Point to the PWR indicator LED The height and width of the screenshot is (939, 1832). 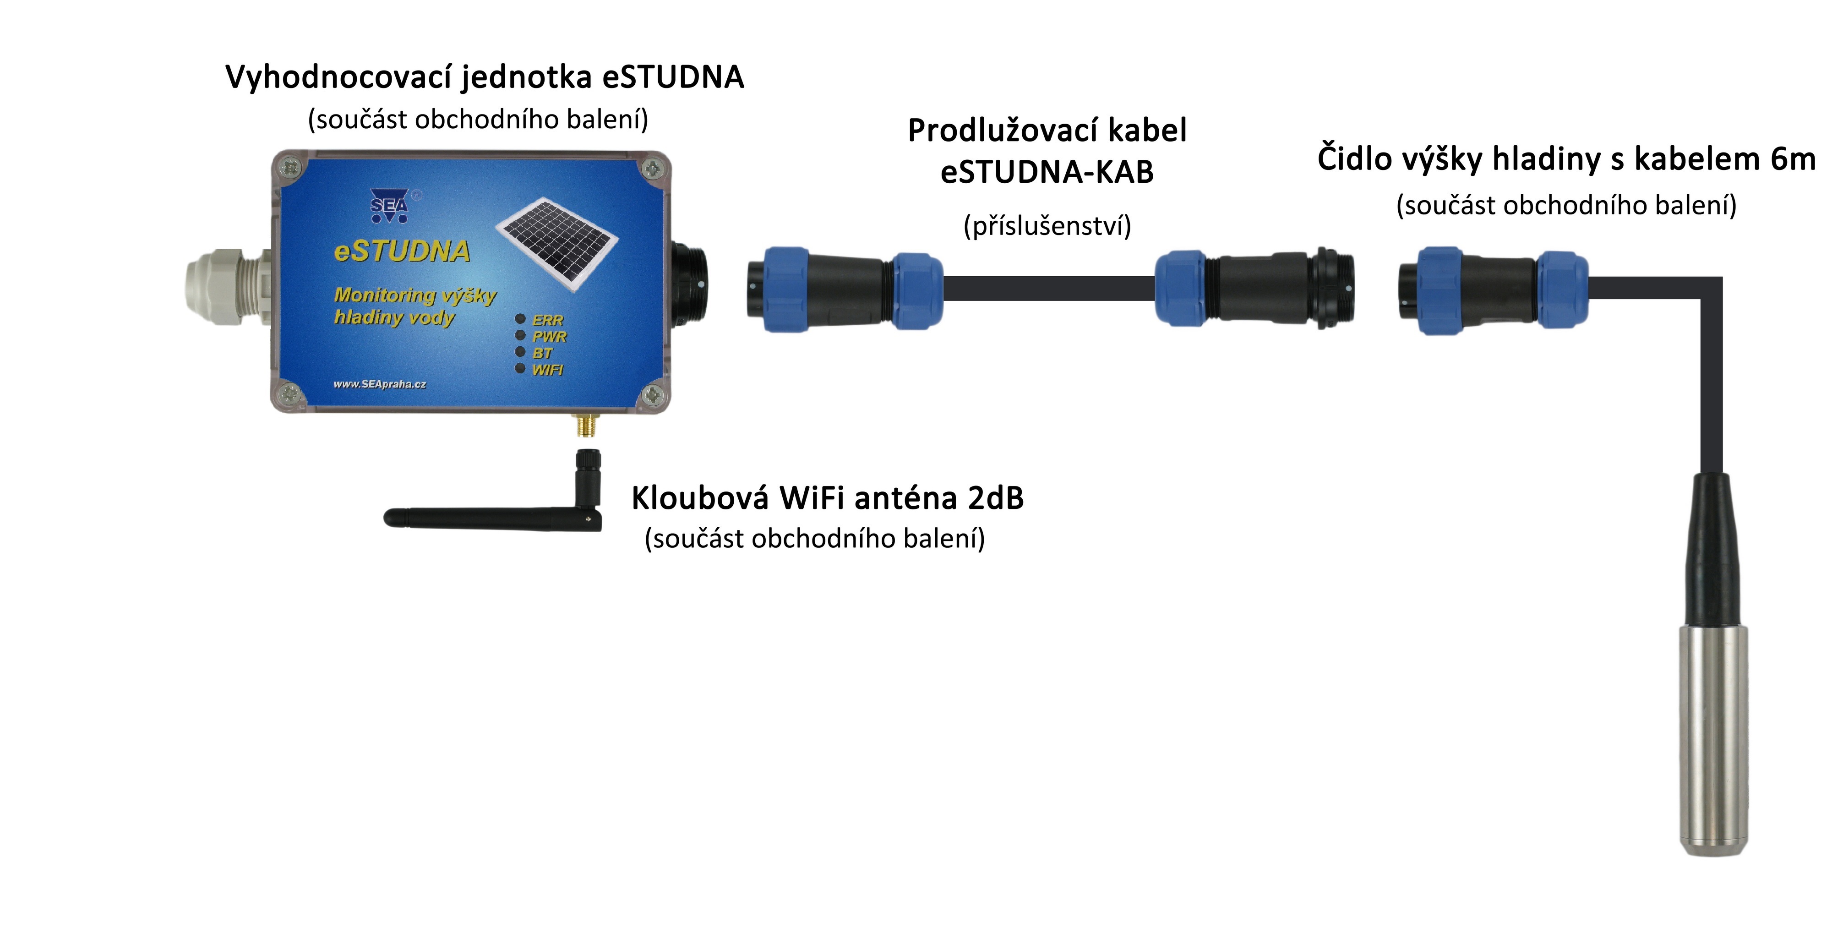[520, 335]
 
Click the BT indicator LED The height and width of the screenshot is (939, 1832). [520, 351]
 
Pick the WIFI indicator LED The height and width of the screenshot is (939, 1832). [520, 368]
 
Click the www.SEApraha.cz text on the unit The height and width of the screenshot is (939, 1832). [380, 384]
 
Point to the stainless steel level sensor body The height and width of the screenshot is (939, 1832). [1714, 740]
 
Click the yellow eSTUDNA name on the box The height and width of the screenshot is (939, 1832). [402, 251]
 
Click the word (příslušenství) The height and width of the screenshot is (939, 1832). [1047, 226]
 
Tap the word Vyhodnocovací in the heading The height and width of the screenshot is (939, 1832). [338, 77]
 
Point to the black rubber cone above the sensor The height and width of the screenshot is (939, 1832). [1714, 548]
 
